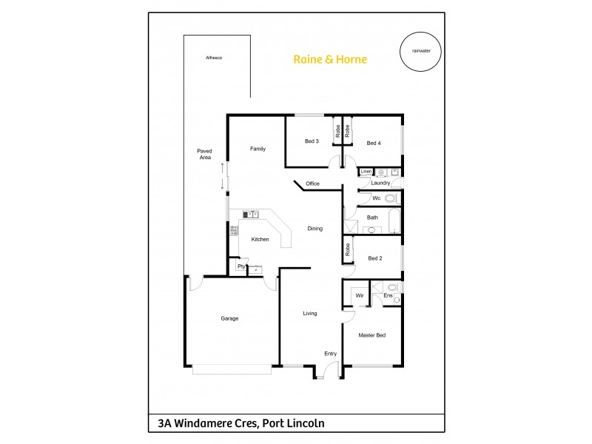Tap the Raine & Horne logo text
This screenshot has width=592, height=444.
[x=330, y=59]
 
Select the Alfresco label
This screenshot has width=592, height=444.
[x=214, y=57]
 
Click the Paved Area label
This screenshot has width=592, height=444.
[x=205, y=154]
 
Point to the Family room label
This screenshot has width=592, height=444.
[x=257, y=149]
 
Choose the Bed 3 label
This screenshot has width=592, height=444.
[x=312, y=141]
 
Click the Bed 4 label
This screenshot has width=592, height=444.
[x=374, y=143]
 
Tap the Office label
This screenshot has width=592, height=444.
[x=312, y=184]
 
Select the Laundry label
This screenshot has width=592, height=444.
[x=381, y=183]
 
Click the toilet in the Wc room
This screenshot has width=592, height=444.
[x=391, y=198]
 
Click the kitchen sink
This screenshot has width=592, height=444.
[x=250, y=215]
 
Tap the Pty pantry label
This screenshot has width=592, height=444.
[x=240, y=266]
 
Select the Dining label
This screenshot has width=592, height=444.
[x=315, y=229]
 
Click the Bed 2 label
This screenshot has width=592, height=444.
[x=374, y=258]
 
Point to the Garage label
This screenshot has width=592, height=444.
[x=229, y=318]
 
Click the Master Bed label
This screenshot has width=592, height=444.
[x=372, y=335]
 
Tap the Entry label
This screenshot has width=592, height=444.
[x=330, y=354]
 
